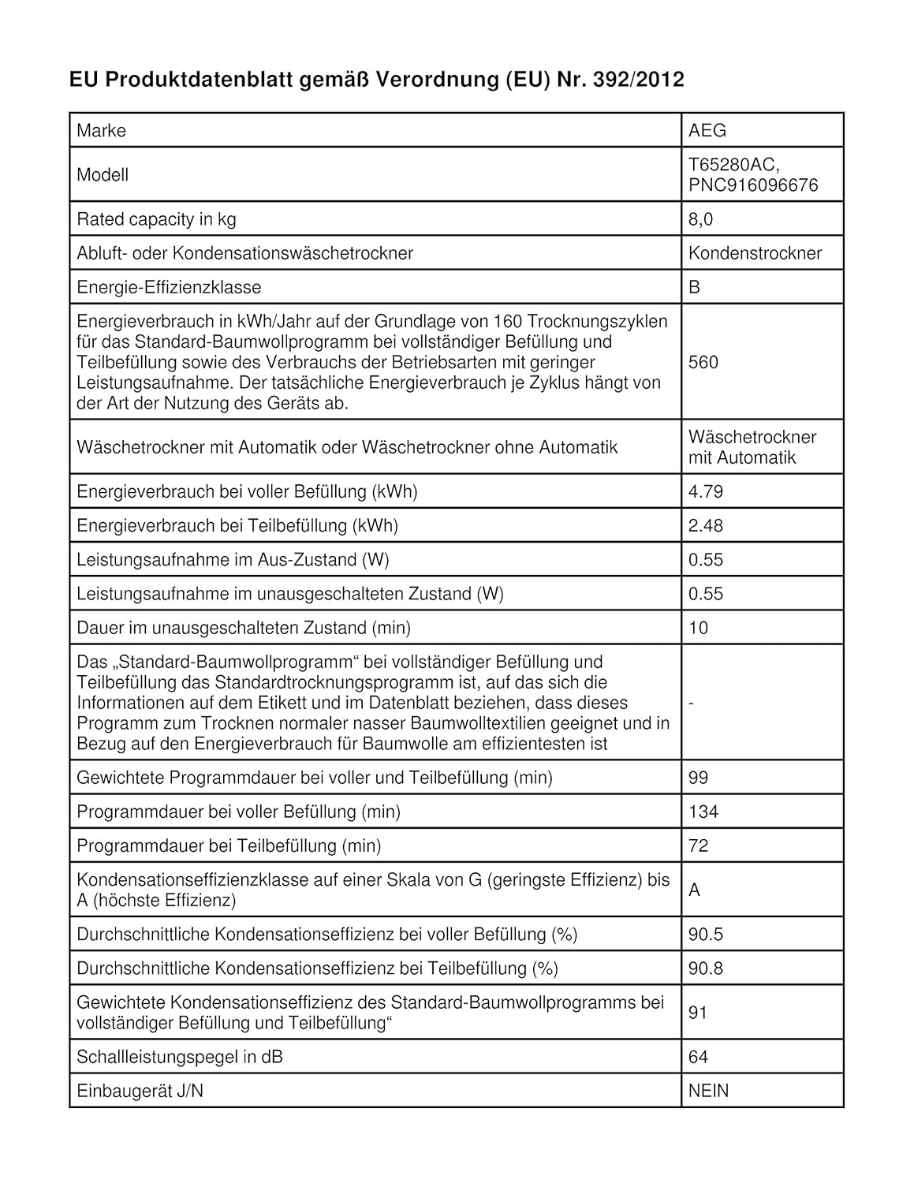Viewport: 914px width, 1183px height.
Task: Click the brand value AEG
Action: coord(707,130)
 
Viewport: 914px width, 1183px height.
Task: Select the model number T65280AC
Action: coord(733,164)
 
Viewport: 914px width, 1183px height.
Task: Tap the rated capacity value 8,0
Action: coord(700,219)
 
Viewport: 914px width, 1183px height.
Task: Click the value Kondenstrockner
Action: coord(755,253)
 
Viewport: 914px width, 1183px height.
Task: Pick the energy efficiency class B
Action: coord(694,287)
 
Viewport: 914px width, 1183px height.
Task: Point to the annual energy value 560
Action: coord(703,362)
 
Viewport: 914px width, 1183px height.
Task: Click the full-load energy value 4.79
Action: coord(705,491)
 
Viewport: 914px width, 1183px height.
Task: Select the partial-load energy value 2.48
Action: coord(705,525)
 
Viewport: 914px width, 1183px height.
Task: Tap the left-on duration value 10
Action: coord(698,628)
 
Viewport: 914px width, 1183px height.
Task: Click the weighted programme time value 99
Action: coord(698,778)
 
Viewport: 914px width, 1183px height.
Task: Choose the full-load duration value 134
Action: coord(703,812)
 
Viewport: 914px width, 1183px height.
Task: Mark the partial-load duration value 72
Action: coord(698,846)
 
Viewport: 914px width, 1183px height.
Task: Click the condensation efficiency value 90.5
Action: coord(705,935)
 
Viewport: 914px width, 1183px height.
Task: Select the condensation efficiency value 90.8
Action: coord(705,968)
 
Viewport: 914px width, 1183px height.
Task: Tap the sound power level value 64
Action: coord(698,1057)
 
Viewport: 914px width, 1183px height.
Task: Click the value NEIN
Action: coord(708,1091)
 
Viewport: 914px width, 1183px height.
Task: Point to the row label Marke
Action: coord(101,130)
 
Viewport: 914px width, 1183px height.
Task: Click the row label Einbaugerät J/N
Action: coord(140,1091)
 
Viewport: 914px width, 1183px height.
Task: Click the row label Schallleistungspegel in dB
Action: coord(179,1057)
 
